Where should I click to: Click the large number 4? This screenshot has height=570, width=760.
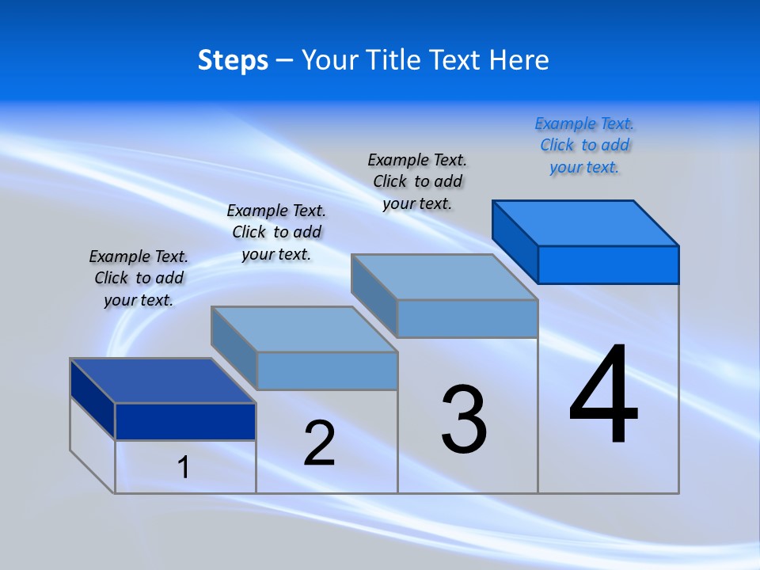click(603, 396)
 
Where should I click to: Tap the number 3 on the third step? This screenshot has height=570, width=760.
click(464, 420)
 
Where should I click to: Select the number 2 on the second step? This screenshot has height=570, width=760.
click(319, 443)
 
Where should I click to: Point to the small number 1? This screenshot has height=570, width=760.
click(184, 467)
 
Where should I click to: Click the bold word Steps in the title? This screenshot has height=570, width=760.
click(233, 60)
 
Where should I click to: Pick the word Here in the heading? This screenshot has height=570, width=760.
click(519, 60)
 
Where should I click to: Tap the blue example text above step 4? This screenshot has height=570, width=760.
click(584, 145)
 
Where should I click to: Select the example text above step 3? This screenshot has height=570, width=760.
click(417, 181)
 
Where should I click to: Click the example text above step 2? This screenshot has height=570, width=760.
click(276, 232)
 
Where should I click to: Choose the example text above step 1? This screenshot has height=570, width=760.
click(139, 278)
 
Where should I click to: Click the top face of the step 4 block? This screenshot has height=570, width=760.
click(586, 222)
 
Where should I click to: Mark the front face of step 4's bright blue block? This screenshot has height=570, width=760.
click(608, 264)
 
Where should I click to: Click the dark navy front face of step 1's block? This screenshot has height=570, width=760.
click(185, 421)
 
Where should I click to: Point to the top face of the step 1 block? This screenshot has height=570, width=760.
click(163, 381)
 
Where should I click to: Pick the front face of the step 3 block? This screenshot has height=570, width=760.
click(467, 318)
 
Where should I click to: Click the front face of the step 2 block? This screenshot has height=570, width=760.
click(327, 370)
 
